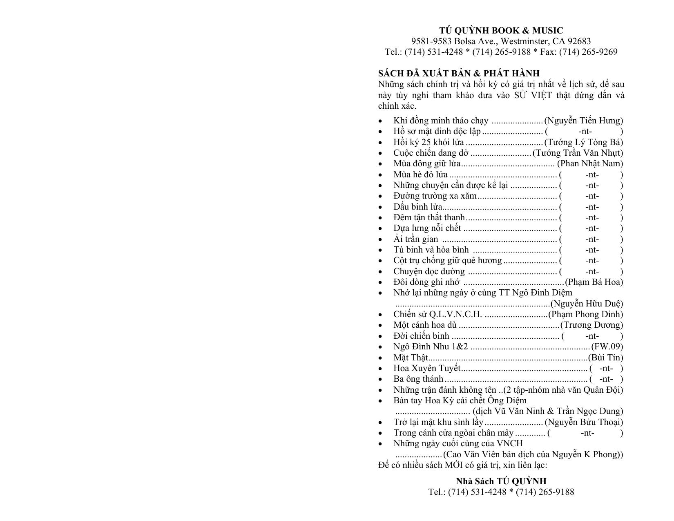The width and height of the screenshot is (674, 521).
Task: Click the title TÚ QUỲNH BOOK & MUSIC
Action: pyautogui.click(x=501, y=31)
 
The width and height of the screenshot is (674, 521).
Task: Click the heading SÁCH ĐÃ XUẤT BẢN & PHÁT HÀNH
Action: pyautogui.click(x=459, y=74)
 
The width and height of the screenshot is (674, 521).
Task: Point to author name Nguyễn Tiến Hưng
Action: pyautogui.click(x=585, y=121)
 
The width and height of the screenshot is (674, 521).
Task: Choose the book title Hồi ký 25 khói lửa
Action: pyautogui.click(x=429, y=142)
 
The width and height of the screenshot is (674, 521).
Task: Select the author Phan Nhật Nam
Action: pyautogui.click(x=590, y=163)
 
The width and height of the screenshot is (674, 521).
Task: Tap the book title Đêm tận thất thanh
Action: pyautogui.click(x=429, y=217)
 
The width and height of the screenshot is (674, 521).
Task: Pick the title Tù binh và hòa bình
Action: pyautogui.click(x=431, y=250)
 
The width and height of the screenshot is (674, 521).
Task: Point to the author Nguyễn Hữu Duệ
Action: pyautogui.click(x=587, y=304)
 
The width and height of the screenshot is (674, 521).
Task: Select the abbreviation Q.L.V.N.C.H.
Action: pyautogui.click(x=455, y=314)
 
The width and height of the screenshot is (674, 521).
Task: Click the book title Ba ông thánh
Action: pyautogui.click(x=418, y=379)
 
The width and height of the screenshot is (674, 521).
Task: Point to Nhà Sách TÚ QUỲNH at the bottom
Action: pyautogui.click(x=501, y=481)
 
